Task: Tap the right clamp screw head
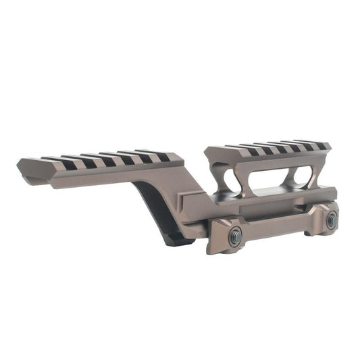331,220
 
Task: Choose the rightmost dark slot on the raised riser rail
323,145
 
